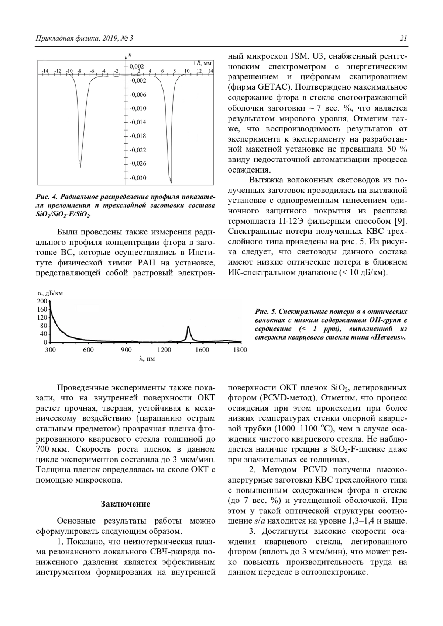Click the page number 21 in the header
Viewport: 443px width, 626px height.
403,38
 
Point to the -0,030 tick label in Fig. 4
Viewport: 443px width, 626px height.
138,178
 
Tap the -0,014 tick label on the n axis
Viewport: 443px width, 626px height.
138,122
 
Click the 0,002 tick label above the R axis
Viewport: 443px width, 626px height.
137,67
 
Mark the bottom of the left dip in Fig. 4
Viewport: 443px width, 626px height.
80,166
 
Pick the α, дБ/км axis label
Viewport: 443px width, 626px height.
51,294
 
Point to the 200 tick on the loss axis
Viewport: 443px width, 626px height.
42,301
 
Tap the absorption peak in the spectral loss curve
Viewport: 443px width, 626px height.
188,326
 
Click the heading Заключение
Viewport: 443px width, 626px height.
126,504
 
